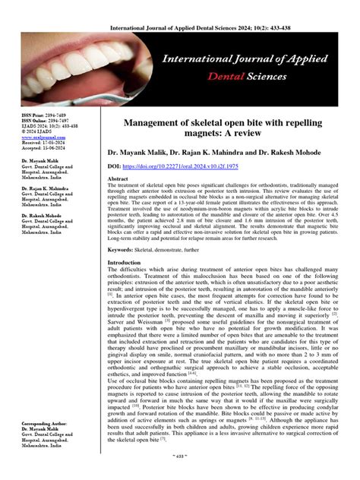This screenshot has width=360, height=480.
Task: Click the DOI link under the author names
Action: coord(175,165)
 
